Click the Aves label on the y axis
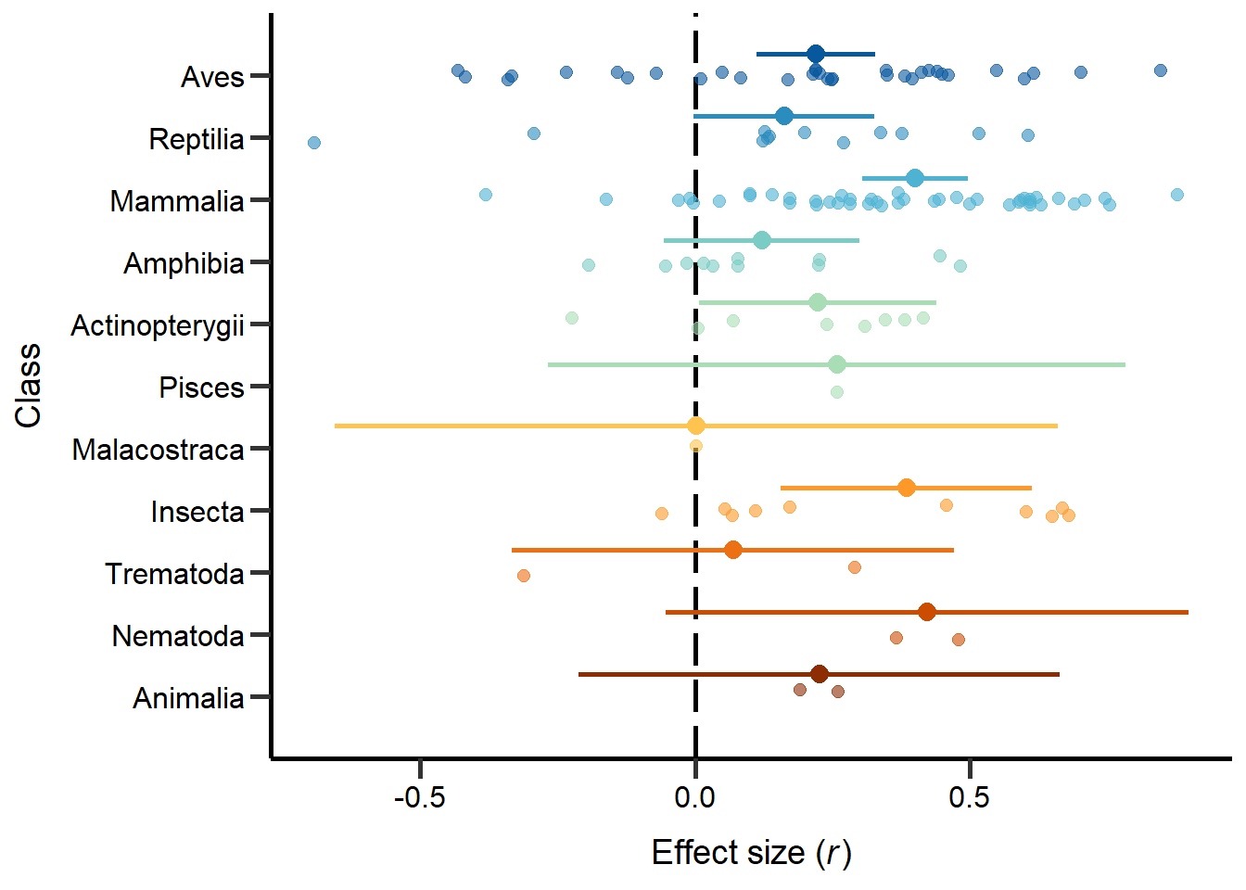212,77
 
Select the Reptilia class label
197,139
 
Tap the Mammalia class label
176,201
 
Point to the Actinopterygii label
158,325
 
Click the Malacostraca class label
158,450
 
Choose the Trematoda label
174,574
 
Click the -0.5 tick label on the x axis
420,797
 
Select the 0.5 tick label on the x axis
970,797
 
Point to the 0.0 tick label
695,797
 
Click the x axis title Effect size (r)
751,852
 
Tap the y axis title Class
29,386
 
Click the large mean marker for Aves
816,54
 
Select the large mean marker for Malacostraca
696,426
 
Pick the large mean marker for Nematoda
927,612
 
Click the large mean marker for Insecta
907,488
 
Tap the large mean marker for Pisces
837,364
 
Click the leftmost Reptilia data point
314,143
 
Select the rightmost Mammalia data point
1177,195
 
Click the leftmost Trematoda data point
524,576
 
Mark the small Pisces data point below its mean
837,392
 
